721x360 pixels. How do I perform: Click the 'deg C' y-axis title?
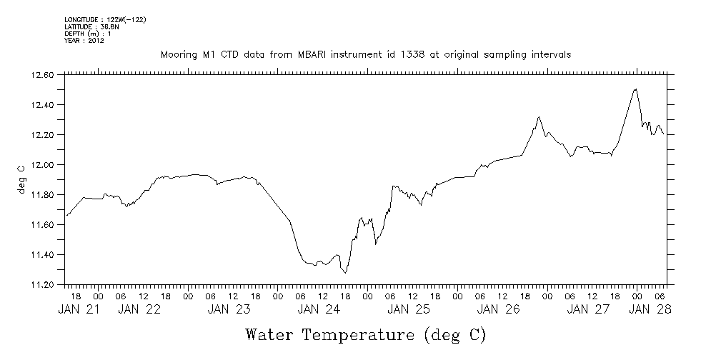pos(21,179)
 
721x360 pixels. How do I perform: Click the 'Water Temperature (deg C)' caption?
pos(365,334)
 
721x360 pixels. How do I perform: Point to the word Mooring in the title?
pos(179,55)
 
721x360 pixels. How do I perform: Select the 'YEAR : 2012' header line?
pos(84,41)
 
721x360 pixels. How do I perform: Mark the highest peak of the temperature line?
pos(635,89)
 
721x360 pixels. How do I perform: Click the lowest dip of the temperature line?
pos(346,273)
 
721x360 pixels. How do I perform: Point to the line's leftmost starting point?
pos(66,215)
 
